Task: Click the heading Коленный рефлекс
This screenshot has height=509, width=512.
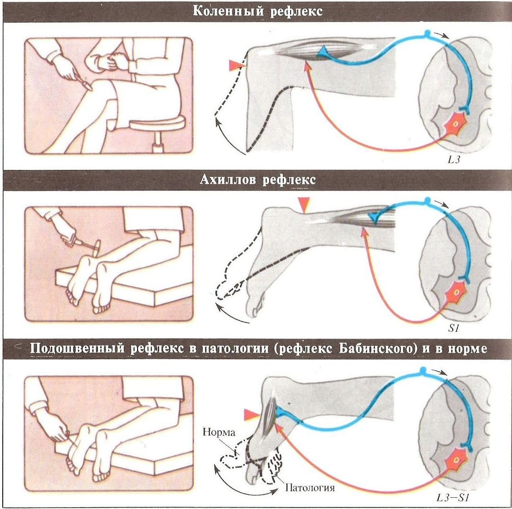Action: [x=258, y=11]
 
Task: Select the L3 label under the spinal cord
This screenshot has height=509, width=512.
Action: [x=454, y=160]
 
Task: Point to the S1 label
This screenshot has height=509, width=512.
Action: [x=454, y=329]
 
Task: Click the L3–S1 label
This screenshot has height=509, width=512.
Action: [x=453, y=498]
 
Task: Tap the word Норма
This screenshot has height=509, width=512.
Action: [x=219, y=432]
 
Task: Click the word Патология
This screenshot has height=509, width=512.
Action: [x=310, y=488]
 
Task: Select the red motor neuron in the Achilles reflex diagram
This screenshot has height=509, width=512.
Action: [x=456, y=292]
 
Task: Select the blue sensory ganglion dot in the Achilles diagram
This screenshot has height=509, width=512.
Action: [x=427, y=200]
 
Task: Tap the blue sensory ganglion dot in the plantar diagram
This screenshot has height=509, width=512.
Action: [x=423, y=370]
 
